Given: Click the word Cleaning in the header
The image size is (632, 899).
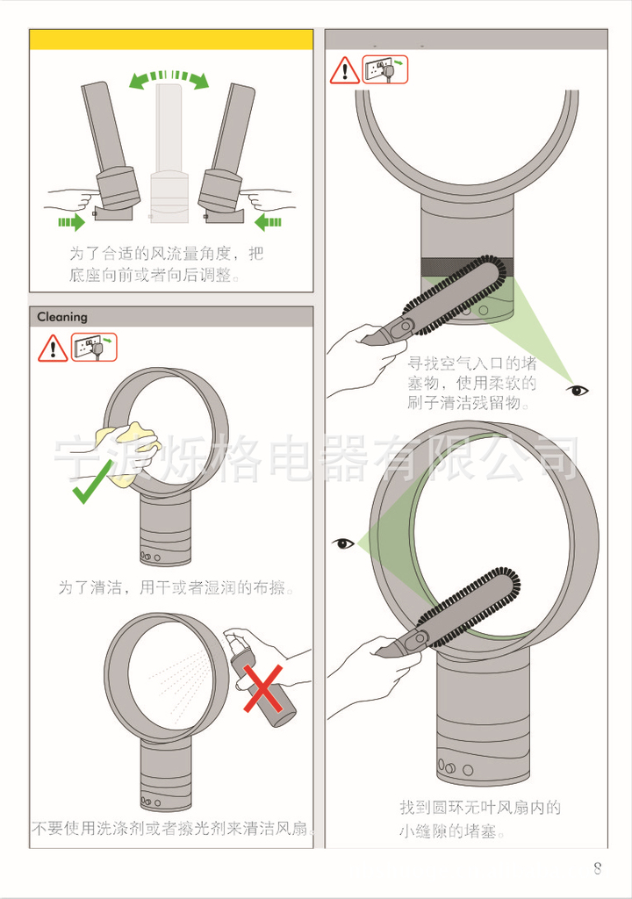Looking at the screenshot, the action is coord(62,316).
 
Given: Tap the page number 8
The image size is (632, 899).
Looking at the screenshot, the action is coord(598,867).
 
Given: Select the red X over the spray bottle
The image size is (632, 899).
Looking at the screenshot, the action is coord(263,688).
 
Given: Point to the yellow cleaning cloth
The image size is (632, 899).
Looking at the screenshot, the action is coord(129,447).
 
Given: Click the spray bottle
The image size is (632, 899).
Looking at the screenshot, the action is coord(261,677).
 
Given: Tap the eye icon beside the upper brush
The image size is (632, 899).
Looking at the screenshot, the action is coord(577,391).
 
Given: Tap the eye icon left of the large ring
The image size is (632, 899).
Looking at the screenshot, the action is coord(343,543).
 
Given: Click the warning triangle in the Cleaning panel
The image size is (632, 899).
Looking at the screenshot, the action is coord(53,349).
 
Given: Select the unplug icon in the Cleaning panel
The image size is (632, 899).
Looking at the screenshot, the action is coord(94,348).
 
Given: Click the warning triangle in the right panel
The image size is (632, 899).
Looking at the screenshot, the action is coord(345,70).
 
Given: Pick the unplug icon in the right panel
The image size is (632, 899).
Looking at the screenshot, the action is coord(384,70).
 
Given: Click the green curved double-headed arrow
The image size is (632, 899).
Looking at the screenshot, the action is coord(169,77).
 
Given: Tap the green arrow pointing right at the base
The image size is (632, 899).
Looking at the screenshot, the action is coord(71,221).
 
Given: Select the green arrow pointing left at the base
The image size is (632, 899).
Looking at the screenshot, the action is coord(268,221).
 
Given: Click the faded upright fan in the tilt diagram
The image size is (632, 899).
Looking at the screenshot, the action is coord(169,155).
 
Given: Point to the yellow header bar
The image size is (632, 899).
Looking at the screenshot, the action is coord(171,40).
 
